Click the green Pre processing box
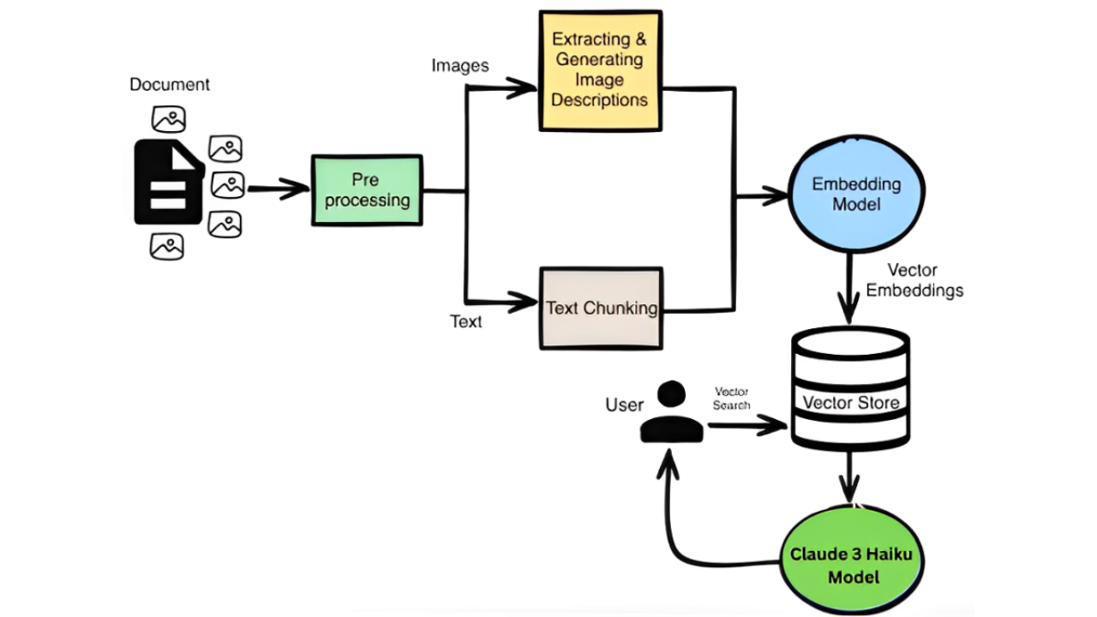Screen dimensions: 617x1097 [367, 190]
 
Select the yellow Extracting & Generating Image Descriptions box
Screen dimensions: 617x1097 [600, 70]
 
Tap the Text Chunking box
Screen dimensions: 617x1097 [601, 308]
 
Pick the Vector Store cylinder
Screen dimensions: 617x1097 [849, 390]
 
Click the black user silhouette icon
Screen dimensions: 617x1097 [671, 414]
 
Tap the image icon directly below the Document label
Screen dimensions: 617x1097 [168, 119]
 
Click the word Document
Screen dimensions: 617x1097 [170, 85]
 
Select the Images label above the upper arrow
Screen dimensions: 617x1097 [460, 66]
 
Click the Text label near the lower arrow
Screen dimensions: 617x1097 [466, 322]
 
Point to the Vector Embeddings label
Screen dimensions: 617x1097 [914, 280]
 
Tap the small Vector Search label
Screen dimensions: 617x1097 [731, 398]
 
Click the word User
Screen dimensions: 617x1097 [624, 404]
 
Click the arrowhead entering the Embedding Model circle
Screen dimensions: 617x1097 [776, 196]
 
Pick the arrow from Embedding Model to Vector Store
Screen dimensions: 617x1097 [848, 291]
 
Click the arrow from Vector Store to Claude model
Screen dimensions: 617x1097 [849, 478]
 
